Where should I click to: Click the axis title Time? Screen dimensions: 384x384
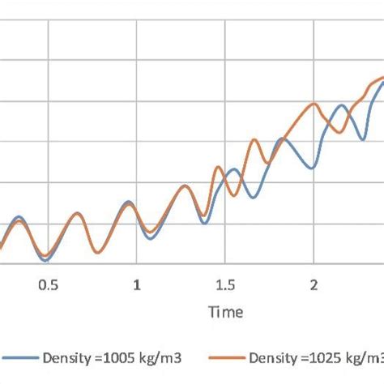coord(224,312)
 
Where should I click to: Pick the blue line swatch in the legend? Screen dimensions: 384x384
coord(21,357)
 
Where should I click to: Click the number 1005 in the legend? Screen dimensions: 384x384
coord(111,357)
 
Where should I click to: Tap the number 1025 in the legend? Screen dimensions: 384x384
coord(317,357)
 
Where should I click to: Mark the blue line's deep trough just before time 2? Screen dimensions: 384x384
coord(311,168)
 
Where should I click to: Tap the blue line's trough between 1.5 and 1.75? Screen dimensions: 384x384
coord(255,197)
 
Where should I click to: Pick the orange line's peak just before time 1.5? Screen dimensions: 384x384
coord(218,168)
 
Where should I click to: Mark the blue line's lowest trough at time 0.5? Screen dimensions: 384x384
coord(46,260)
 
